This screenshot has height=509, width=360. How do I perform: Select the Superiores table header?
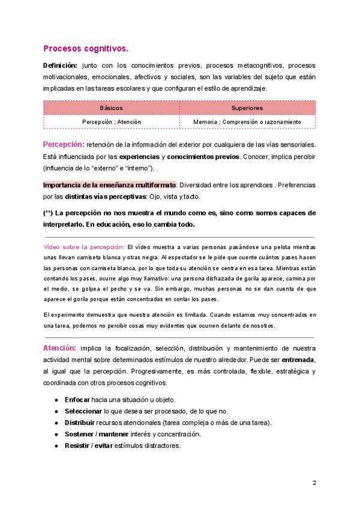[x=247, y=107]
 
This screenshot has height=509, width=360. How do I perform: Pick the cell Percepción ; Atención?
[x=112, y=121]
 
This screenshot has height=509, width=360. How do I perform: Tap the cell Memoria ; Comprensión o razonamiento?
[x=247, y=121]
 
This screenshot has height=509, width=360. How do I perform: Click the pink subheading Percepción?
[x=63, y=145]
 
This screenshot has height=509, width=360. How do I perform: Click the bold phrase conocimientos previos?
[x=203, y=157]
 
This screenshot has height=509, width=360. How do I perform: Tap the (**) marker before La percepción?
[x=49, y=213]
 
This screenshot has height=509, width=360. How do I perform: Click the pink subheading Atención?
[x=59, y=348]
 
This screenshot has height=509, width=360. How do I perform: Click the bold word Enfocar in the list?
[x=77, y=400]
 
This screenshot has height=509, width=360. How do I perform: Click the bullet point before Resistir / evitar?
[x=56, y=446]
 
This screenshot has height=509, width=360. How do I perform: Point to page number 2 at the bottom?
[x=314, y=483]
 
